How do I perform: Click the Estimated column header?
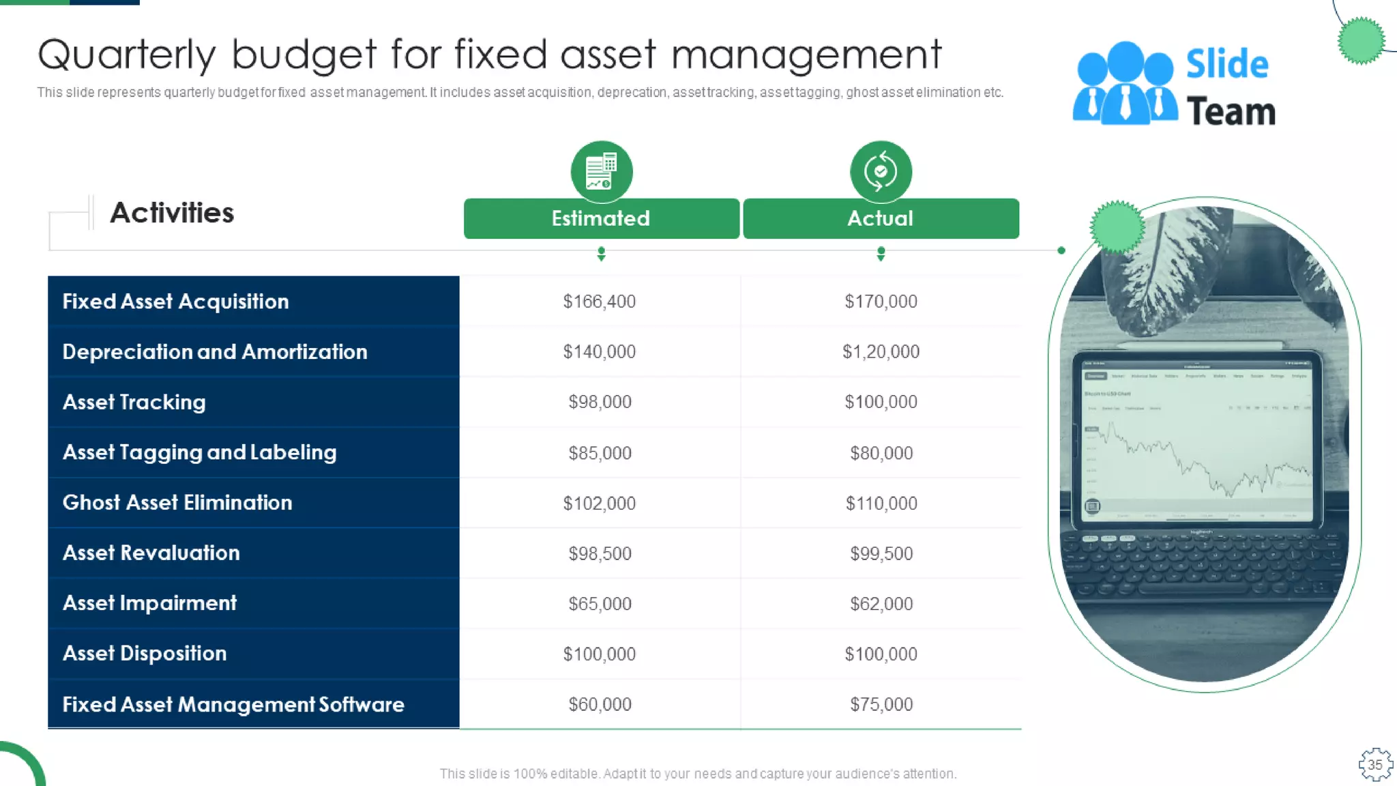(x=601, y=218)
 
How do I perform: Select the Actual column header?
(x=881, y=218)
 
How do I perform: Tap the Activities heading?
(x=172, y=213)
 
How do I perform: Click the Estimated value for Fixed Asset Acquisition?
(x=600, y=302)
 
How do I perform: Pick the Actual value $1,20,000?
(x=881, y=352)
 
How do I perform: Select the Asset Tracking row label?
(x=134, y=403)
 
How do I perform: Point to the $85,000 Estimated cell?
(x=600, y=453)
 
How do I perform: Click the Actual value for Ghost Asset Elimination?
(x=881, y=504)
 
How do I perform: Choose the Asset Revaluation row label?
(x=151, y=553)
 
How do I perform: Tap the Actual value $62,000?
(x=881, y=604)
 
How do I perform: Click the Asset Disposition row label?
(x=145, y=654)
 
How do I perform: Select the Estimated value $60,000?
(x=600, y=704)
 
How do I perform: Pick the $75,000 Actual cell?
(x=881, y=704)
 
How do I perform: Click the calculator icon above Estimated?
(x=601, y=171)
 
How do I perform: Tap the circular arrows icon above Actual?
(x=881, y=171)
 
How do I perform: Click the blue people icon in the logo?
(x=1125, y=84)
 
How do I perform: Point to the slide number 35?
(x=1375, y=765)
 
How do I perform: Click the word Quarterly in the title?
(x=127, y=55)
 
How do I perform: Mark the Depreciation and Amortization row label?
(x=215, y=352)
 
